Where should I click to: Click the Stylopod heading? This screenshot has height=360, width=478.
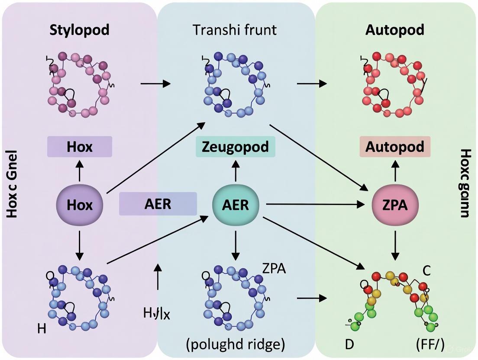79,30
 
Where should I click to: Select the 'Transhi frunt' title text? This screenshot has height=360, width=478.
235,30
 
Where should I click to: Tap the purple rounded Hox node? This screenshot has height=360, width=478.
80,204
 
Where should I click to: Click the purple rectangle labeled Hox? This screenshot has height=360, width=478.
80,147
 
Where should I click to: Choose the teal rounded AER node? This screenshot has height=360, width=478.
236,204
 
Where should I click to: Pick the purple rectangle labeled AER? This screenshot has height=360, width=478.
158,204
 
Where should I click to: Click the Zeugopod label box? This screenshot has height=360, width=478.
235,147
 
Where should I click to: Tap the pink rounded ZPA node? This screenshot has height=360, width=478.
395,205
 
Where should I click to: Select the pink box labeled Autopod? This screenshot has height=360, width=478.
395,147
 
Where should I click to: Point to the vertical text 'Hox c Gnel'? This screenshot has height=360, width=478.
12,183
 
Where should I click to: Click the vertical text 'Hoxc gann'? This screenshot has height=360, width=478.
465,183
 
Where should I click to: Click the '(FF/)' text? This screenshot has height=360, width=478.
430,345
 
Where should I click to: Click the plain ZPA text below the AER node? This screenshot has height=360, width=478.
274,268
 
